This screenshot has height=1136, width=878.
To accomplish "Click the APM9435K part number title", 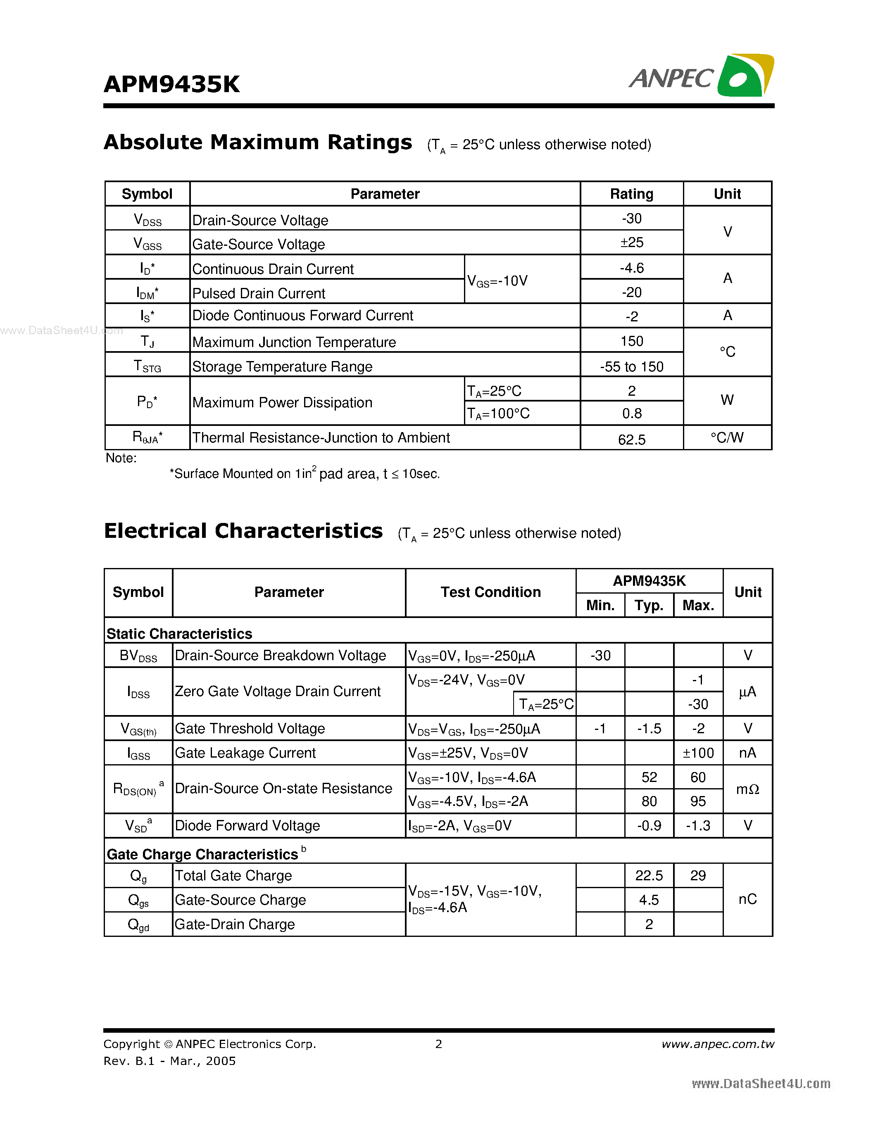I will coord(171,84).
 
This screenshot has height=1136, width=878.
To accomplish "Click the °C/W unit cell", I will coord(727,437).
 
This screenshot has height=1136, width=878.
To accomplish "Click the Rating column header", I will coord(631,194).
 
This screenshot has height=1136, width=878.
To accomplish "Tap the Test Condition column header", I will coord(490,592).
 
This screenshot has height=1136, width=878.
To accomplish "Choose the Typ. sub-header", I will coord(649,606).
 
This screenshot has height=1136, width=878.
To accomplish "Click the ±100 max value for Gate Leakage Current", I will coord(698,753).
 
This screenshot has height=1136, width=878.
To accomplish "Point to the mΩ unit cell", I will coord(747,789).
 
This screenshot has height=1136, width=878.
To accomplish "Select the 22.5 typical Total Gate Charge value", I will coord(649,875).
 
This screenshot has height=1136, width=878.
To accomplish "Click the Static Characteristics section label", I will coord(179,634).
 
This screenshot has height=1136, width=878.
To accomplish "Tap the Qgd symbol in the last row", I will coord(138,924).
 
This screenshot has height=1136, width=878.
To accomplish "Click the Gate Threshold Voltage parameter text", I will coord(250,728).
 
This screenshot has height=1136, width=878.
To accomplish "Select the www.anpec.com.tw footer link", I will coord(718,1044).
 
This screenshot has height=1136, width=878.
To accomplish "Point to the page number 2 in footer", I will coord(438,1044).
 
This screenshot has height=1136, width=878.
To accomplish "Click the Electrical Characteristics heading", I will coord(243,531).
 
